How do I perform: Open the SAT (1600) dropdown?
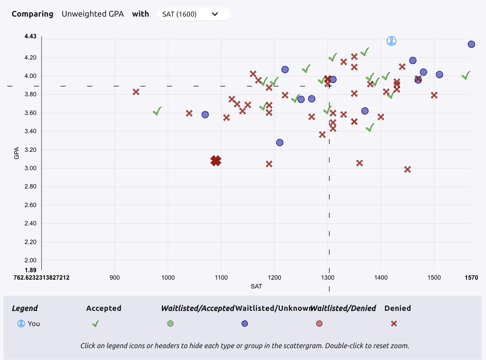pos(194,14)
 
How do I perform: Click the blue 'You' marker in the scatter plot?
pos(391,41)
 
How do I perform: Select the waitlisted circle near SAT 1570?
pos(471,44)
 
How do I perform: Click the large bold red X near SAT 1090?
pos(216,160)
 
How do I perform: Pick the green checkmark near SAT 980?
pos(157,111)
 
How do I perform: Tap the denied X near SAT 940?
pos(136,92)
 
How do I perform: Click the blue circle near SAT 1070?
pos(205,115)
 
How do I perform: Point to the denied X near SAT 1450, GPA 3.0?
pos(407,169)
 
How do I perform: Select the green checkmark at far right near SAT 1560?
pos(466,76)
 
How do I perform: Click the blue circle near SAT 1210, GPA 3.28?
pos(279,143)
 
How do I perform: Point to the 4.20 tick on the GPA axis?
pos(30,58)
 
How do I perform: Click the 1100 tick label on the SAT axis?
pos(221,278)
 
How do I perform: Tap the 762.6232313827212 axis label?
pos(41,278)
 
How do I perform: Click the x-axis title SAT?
pos(256,286)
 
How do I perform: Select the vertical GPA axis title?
pos(17,153)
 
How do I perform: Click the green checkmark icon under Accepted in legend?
pos(96,324)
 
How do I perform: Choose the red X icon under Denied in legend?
pos(394,324)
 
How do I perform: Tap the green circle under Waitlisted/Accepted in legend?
pos(170,324)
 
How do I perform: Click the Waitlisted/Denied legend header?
pos(343,308)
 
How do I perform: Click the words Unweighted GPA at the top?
pos(93,14)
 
